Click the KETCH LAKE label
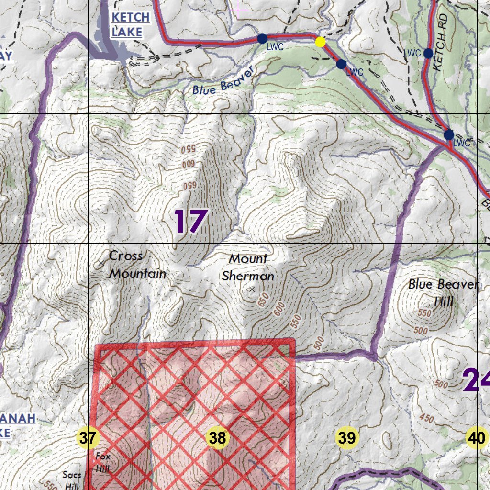pyautogui.click(x=130, y=24)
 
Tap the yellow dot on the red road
pyautogui.click(x=321, y=42)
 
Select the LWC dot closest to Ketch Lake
pyautogui.click(x=262, y=39)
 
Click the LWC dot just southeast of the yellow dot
pyautogui.click(x=341, y=64)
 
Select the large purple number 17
pyautogui.click(x=190, y=222)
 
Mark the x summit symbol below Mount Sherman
pyautogui.click(x=252, y=289)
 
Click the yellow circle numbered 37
pyautogui.click(x=88, y=437)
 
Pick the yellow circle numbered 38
pyautogui.click(x=217, y=437)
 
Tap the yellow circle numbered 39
pyautogui.click(x=346, y=437)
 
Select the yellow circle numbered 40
pyautogui.click(x=476, y=437)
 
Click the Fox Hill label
pyautogui.click(x=103, y=462)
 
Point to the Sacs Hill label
pyautogui.click(x=72, y=480)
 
